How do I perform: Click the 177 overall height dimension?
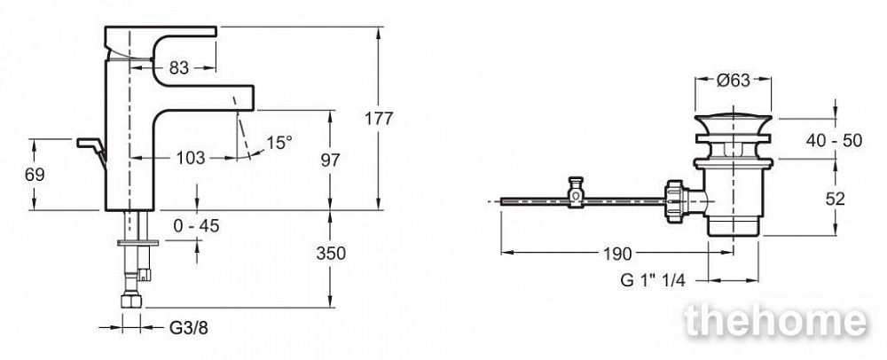click(x=379, y=119)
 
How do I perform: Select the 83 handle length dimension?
click(x=179, y=67)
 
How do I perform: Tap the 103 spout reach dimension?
click(x=191, y=158)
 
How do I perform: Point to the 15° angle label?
click(x=279, y=143)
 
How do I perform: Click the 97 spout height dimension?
click(x=330, y=160)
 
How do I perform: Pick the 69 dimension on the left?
click(x=35, y=175)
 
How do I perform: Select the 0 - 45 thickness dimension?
click(x=196, y=226)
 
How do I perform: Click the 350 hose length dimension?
click(x=330, y=254)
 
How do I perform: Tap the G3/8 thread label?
click(x=188, y=327)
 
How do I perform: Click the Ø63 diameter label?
click(x=734, y=81)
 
